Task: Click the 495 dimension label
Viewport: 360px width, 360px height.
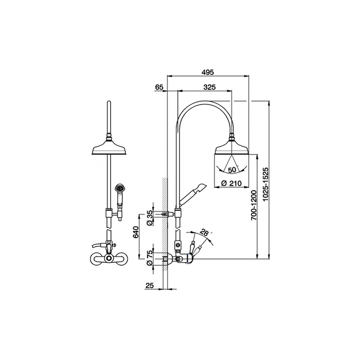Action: [x=208, y=72]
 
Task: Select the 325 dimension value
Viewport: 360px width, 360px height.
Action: [x=209, y=87]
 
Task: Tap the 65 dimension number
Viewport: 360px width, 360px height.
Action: [x=159, y=87]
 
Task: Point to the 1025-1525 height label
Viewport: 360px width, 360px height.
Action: [x=265, y=185]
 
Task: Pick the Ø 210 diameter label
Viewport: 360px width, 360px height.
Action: [x=231, y=183]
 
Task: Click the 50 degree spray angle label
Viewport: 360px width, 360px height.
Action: [x=232, y=170]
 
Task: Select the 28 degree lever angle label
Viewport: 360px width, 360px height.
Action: [x=204, y=232]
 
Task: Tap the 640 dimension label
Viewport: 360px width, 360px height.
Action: [x=136, y=232]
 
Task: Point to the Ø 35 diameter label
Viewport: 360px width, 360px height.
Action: [x=149, y=218]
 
